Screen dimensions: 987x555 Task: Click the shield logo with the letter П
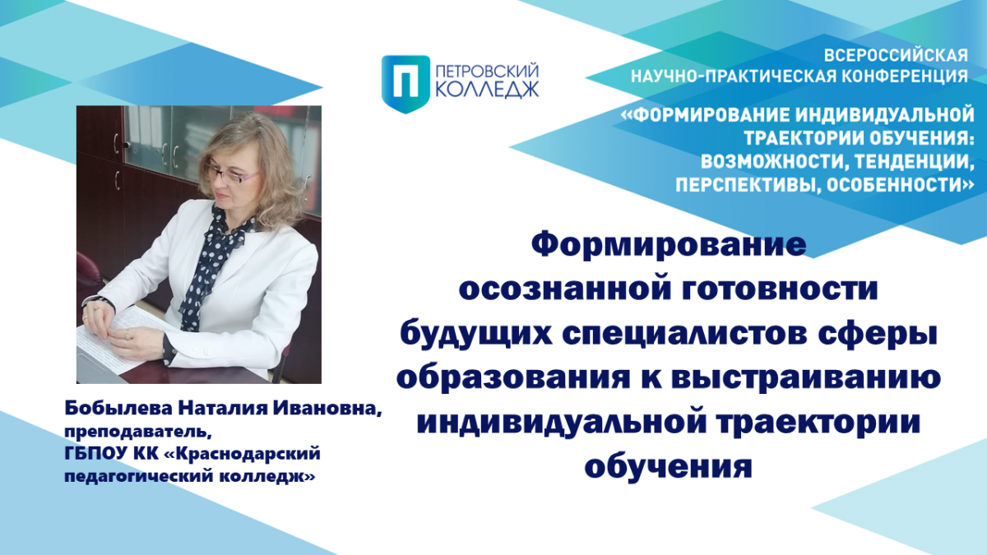tap(405, 84)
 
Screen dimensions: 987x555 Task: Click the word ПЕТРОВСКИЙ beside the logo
tap(487, 71)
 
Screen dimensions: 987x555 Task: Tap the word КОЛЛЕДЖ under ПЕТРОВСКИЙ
tap(487, 90)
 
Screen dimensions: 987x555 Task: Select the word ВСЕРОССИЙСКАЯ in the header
tap(897, 56)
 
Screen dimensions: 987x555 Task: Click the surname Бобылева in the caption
tap(118, 408)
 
